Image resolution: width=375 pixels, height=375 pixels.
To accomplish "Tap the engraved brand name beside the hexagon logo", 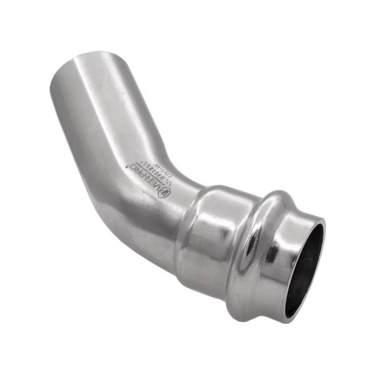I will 145,177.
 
